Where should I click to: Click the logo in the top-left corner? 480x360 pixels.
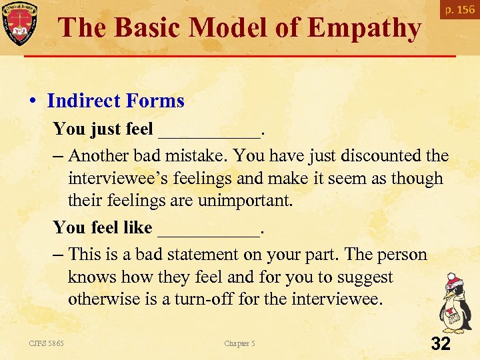tap(19, 21)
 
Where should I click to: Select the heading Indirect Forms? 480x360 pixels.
tap(115, 101)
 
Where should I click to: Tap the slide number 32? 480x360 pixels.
tap(441, 344)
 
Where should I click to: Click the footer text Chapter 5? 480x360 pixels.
tap(239, 343)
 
